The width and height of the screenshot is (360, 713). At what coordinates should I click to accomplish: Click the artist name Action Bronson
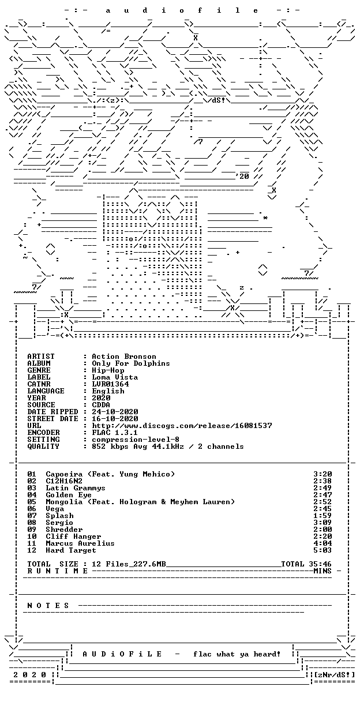[x=124, y=356]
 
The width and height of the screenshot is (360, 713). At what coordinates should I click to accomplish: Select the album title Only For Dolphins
[x=131, y=363]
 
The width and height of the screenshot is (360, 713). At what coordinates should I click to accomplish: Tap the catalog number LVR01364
[x=110, y=384]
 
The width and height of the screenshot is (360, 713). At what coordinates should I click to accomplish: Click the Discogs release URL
[x=182, y=426]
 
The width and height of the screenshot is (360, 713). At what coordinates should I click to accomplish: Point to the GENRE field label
[x=39, y=370]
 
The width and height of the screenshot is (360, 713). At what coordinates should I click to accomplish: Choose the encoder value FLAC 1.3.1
[x=115, y=433]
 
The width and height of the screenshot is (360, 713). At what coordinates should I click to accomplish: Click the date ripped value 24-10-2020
[x=115, y=412]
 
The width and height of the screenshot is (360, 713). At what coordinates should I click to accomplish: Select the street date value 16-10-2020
[x=115, y=419]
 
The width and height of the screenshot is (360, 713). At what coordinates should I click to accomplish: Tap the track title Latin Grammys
[x=76, y=488]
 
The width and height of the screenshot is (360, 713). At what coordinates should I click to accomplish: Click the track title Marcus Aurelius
[x=80, y=543]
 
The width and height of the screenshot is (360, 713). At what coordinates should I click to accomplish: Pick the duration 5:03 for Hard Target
[x=322, y=550]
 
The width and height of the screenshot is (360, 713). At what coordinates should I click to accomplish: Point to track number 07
[x=32, y=516]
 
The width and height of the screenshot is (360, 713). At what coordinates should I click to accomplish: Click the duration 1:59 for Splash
[x=322, y=516]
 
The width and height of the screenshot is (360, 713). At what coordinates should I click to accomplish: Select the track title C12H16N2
[x=64, y=481]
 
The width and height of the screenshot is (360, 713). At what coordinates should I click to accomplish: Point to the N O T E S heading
[x=48, y=605]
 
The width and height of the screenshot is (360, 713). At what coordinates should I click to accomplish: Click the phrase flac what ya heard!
[x=237, y=654]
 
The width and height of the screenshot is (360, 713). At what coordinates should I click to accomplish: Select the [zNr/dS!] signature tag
[x=334, y=674]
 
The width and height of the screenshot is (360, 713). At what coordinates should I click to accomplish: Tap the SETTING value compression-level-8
[x=136, y=440]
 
